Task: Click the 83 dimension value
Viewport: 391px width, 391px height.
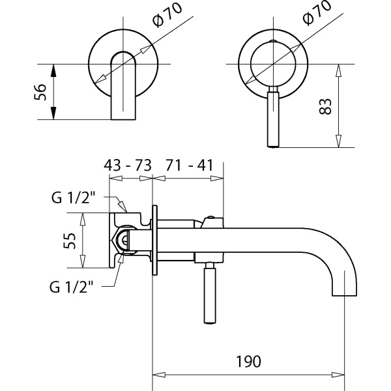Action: point(328,106)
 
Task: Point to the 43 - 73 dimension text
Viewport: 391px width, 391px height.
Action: point(127,166)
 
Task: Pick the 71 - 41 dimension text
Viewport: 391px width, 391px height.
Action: point(190,166)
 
